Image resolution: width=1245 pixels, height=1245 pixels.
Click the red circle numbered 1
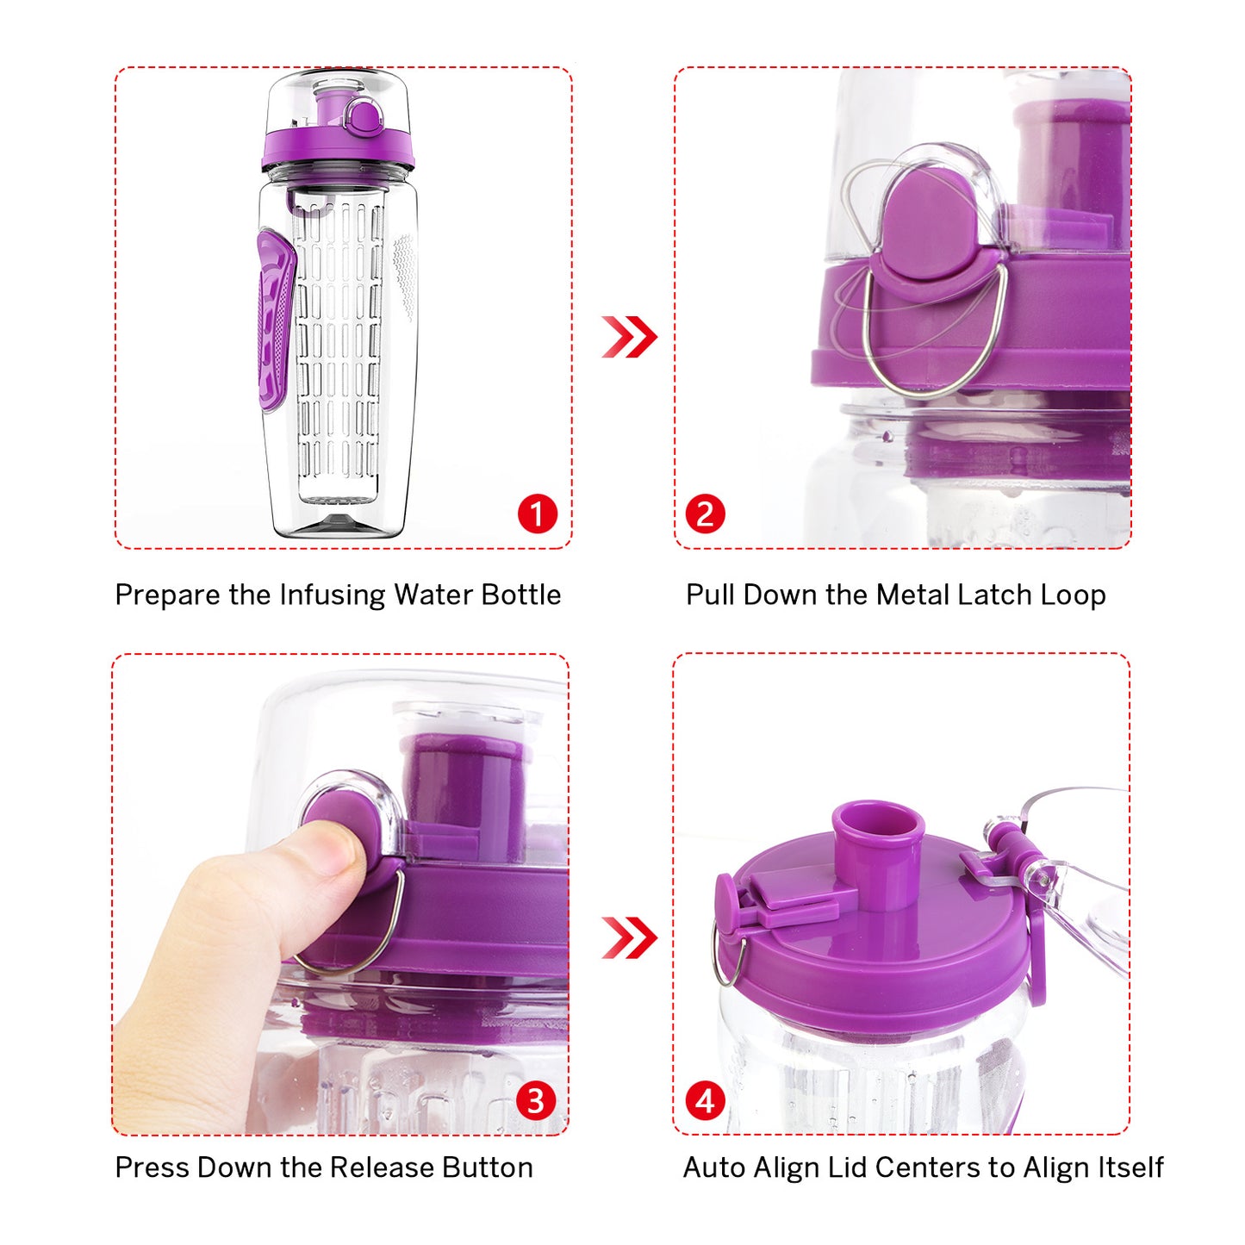537,514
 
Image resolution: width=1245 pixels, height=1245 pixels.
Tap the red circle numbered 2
705,514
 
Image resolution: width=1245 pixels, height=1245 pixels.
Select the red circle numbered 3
536,1101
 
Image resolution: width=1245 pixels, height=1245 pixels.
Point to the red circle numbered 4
705,1101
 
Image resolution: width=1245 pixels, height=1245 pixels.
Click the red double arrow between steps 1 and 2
629,337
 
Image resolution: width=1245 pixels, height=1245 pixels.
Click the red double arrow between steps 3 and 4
629,937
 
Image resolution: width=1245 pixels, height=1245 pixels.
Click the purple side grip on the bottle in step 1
275,321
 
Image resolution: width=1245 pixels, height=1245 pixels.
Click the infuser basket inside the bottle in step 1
339,345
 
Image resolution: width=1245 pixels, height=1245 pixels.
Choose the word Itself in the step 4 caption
1130,1167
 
